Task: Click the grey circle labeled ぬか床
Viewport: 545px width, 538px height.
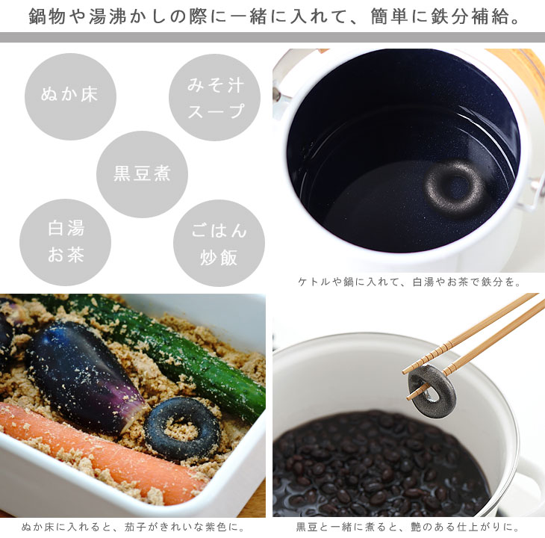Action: [x=70, y=96]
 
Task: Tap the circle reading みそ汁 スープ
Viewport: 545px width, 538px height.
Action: [x=214, y=97]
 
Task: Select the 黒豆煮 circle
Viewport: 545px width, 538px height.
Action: [x=142, y=174]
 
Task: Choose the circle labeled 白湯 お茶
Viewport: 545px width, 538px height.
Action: [x=66, y=242]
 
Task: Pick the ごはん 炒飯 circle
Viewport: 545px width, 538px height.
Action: [x=219, y=243]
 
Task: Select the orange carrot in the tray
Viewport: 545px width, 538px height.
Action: [x=101, y=452]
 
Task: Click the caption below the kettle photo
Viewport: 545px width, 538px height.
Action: [x=409, y=282]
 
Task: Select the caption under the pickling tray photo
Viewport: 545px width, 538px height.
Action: [x=133, y=528]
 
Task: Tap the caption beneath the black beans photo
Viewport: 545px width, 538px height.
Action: [x=408, y=528]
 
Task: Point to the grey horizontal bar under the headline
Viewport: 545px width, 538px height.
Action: [x=272, y=37]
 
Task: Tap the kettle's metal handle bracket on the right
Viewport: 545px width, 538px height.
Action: [x=536, y=195]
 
